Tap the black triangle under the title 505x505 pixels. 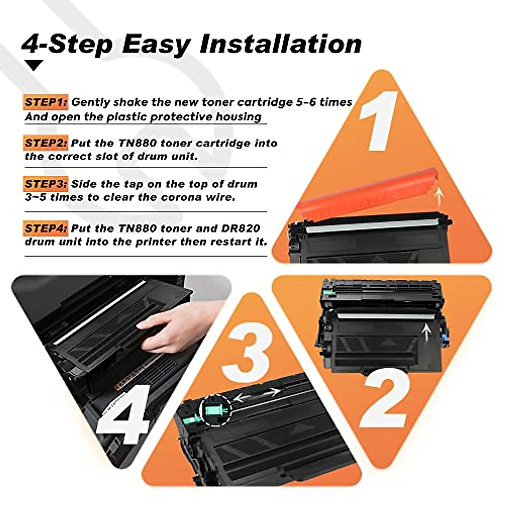pyautogui.click(x=34, y=65)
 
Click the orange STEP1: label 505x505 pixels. pyautogui.click(x=45, y=102)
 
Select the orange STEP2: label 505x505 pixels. pyautogui.click(x=45, y=143)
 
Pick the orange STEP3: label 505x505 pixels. pyautogui.click(x=45, y=184)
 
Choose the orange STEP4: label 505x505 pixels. pyautogui.click(x=45, y=229)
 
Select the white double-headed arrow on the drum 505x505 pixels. pyautogui.click(x=257, y=395)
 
